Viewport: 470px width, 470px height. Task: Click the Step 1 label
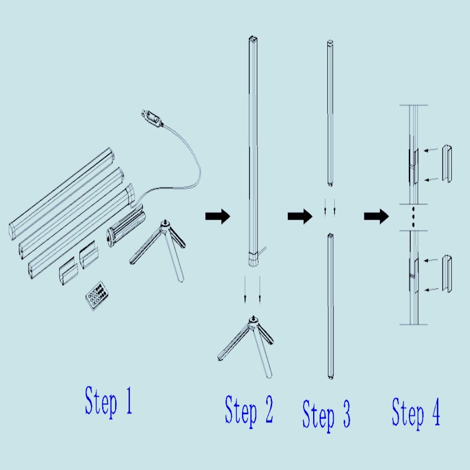point(109,401)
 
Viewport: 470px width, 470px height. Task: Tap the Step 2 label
point(249,410)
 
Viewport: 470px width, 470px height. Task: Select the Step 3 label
point(326,415)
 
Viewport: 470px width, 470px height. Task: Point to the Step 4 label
point(416,412)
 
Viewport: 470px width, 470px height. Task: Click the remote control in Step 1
point(98,295)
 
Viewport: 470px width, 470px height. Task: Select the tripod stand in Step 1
point(158,249)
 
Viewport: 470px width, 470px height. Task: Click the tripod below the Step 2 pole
point(246,346)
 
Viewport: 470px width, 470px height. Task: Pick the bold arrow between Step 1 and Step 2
point(217,216)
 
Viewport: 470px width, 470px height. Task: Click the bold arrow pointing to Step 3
point(300,216)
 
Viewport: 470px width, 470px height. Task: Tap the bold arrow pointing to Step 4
point(376,216)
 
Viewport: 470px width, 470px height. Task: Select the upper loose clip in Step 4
point(447,164)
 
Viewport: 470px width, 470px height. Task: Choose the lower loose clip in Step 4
point(447,274)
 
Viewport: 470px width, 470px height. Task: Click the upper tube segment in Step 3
point(330,113)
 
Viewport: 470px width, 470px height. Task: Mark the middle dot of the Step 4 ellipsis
point(414,216)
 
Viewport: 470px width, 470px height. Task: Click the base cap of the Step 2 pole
point(253,259)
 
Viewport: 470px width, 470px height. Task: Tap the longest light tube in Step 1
point(62,193)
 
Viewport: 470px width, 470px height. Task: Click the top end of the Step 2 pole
point(253,39)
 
